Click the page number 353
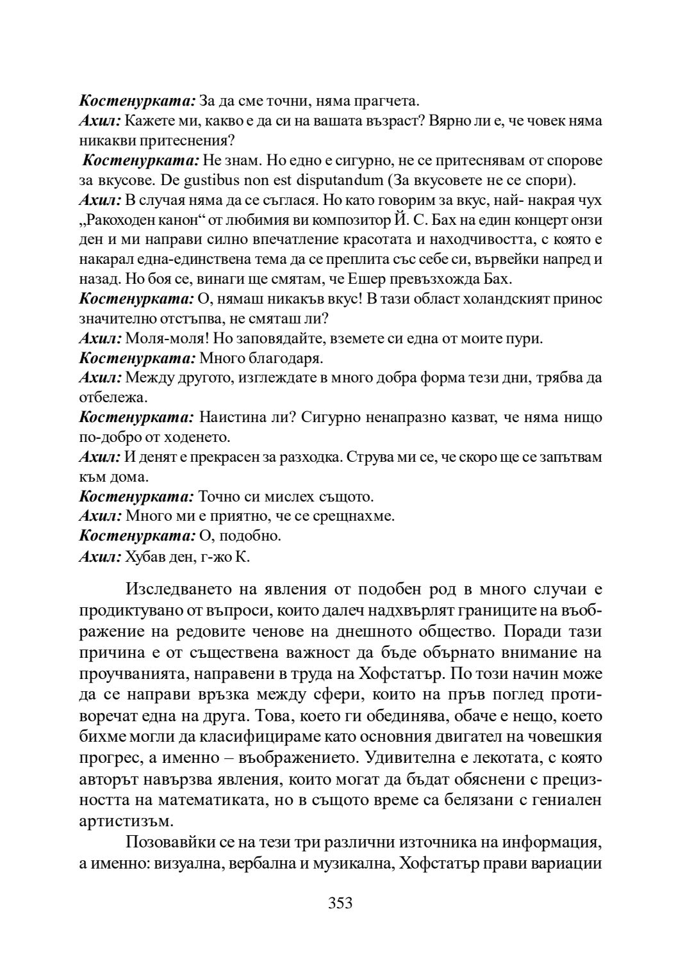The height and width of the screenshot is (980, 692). coord(340,903)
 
